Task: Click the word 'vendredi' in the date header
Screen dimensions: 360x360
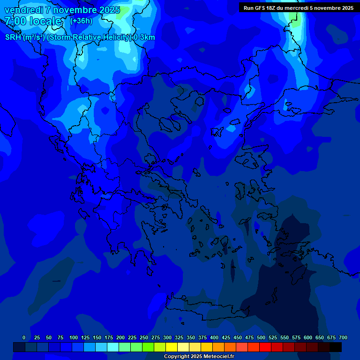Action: tap(23, 10)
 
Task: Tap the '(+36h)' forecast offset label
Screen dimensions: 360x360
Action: tap(81, 21)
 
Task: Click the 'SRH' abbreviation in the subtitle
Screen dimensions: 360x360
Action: tap(13, 37)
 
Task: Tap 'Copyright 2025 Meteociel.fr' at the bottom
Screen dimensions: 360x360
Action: tap(199, 357)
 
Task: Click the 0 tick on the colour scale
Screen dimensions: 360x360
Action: tap(24, 337)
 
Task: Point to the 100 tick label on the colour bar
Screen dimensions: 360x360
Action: tap(74, 337)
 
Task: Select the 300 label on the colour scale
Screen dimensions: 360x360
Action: tap(167, 337)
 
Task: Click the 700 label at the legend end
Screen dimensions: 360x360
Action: tap(343, 337)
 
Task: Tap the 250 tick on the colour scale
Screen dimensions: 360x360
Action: tap(144, 337)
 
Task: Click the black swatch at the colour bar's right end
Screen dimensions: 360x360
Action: tap(336, 347)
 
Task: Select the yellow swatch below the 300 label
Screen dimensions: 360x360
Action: tap(172, 347)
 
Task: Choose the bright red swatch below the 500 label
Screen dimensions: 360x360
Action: tap(265, 347)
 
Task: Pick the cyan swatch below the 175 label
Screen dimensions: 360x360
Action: tap(113, 347)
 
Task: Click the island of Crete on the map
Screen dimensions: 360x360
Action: tap(206, 307)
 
